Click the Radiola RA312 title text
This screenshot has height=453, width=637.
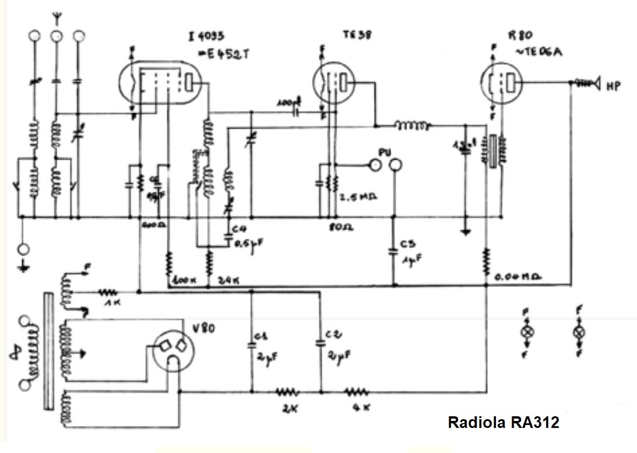[x=503, y=422]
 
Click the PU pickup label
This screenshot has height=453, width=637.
[x=383, y=152]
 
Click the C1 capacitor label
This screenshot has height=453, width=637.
[x=261, y=336]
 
